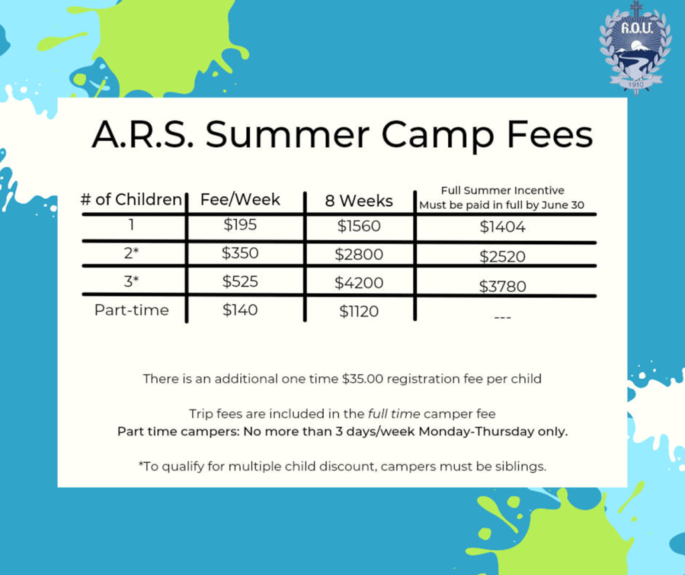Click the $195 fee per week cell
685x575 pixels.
coord(240,225)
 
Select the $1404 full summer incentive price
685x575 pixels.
coord(502,227)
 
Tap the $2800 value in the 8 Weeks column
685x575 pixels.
coord(359,254)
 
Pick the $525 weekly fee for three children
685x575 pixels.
coord(240,282)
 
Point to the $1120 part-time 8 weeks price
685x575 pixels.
coord(359,311)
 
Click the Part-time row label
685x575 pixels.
coord(132,310)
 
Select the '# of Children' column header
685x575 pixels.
coord(131,199)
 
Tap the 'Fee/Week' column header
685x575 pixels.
coord(240,199)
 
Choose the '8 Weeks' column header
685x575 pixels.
coord(359,201)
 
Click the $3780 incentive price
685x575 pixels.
coord(502,287)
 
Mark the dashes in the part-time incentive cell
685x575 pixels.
coord(502,317)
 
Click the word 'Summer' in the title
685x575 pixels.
coord(288,134)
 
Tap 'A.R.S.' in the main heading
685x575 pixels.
coord(142,134)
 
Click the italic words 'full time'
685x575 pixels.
coord(394,414)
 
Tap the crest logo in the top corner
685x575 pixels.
coord(635,48)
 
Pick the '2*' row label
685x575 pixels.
coord(132,253)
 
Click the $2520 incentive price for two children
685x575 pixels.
coord(502,256)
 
